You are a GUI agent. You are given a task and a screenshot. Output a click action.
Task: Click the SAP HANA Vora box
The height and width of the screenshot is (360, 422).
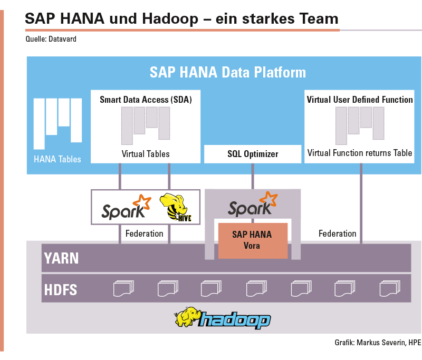point(253,241)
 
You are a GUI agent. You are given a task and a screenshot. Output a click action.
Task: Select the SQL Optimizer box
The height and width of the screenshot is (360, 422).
point(253,154)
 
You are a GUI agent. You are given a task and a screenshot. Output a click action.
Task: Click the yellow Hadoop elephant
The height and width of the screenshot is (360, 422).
point(187,317)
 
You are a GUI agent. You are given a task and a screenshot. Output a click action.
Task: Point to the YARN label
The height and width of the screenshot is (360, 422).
point(61,258)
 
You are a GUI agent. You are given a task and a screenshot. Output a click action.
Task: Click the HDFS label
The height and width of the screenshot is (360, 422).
point(61,290)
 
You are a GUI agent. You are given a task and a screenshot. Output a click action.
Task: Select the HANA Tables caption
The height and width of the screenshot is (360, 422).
point(57,159)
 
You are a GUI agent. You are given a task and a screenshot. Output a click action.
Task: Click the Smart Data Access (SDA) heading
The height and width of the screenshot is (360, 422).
point(146,100)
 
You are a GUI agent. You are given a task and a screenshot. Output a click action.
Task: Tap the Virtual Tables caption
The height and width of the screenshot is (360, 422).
point(146,154)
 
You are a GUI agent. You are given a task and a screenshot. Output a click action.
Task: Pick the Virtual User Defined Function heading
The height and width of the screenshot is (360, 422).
point(360,100)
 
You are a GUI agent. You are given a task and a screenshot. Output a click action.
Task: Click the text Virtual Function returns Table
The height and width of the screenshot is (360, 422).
point(360,153)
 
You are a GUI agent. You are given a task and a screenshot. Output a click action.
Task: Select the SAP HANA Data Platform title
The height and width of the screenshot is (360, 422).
point(228,72)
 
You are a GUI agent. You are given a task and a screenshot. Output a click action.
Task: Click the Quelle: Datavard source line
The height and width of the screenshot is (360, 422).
point(51,39)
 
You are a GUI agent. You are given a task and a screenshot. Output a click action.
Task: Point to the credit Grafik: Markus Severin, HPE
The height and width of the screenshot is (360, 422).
point(378,343)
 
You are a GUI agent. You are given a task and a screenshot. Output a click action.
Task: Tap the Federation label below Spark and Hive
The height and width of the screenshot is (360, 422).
point(144,233)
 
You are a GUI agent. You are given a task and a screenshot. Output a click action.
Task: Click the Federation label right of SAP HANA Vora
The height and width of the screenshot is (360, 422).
point(338,233)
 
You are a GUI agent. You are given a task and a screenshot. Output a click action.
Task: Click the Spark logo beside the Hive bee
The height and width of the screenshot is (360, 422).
point(126,207)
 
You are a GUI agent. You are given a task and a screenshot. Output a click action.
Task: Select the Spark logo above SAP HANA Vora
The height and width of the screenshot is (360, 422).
point(253,205)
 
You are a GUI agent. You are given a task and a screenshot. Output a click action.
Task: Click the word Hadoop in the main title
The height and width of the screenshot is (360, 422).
point(170,19)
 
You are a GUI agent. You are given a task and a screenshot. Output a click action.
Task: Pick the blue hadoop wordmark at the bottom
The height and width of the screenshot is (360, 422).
point(234,320)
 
